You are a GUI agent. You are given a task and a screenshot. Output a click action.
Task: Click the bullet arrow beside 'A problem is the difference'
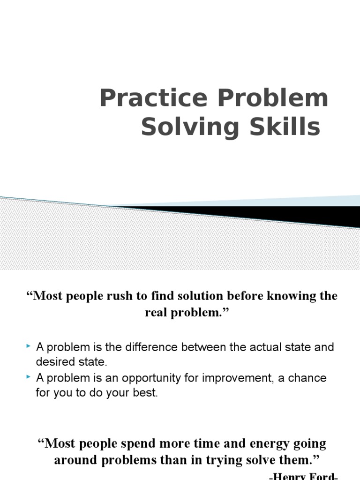[x=29, y=346]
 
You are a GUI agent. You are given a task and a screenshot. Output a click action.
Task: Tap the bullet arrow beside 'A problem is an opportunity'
[x=29, y=376]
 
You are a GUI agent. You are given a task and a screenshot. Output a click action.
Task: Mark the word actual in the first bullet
[x=253, y=348]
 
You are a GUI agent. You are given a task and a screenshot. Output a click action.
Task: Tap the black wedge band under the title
[x=281, y=215]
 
